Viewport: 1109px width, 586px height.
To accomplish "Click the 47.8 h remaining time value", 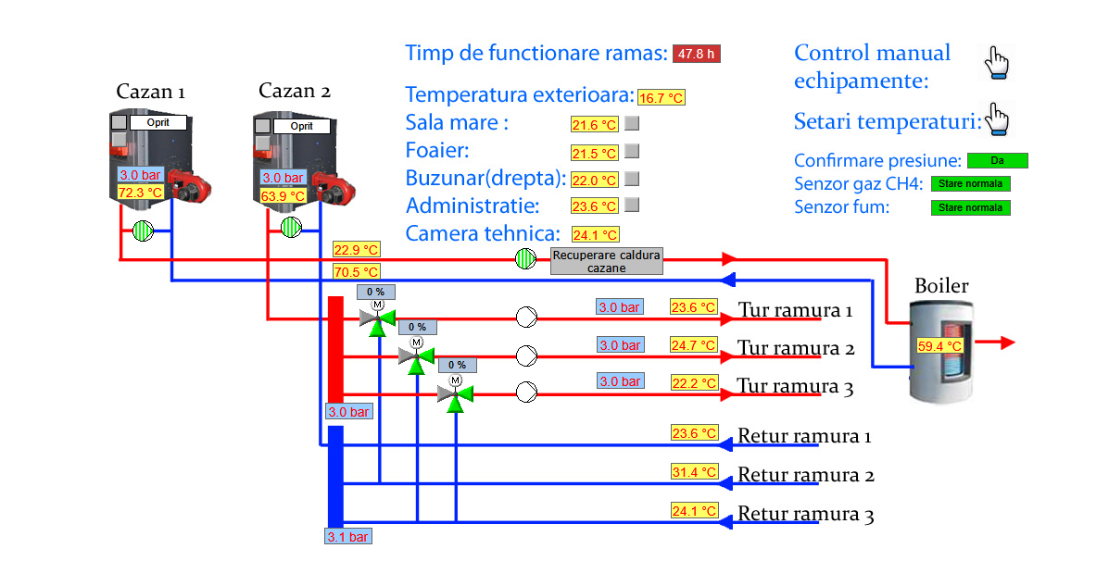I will coord(697,54).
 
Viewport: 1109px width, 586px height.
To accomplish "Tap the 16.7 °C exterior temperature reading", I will coord(662,97).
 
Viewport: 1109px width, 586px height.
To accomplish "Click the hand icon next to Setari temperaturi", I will coord(997,119).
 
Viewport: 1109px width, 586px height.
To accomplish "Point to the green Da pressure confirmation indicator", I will coord(997,161).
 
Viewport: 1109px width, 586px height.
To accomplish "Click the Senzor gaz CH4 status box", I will coord(970,183).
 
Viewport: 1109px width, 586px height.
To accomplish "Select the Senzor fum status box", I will coord(970,207).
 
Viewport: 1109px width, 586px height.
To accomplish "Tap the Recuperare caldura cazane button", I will coord(607,261).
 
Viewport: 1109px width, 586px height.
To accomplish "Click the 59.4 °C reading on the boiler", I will coord(939,346).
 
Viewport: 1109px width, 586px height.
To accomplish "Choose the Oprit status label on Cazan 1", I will coord(158,122).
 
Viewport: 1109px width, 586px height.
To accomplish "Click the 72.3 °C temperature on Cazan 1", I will coord(140,193).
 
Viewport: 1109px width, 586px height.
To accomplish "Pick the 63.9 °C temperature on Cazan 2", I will coord(283,196).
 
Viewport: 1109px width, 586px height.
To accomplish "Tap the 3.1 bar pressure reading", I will coord(348,536).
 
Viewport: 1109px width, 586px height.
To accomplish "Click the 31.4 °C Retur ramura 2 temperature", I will coord(694,472).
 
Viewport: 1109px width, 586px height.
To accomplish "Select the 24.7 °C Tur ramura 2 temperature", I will coord(694,345).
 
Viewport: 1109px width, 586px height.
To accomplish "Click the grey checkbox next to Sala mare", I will coord(632,123).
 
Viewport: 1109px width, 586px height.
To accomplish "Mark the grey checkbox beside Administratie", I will coord(632,205).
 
